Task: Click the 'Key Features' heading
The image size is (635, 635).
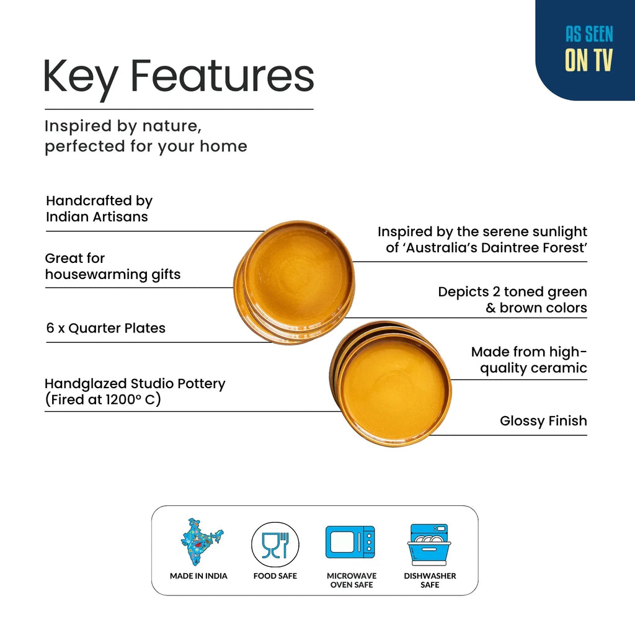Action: click(x=179, y=78)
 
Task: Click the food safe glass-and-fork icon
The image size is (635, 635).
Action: click(x=275, y=545)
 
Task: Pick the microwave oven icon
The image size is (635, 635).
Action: click(x=350, y=542)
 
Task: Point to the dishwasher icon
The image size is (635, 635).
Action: click(x=429, y=544)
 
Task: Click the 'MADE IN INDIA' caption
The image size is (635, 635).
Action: click(x=198, y=576)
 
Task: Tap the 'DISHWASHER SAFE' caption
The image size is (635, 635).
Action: click(x=430, y=580)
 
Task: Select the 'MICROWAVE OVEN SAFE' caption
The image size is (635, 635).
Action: click(x=352, y=580)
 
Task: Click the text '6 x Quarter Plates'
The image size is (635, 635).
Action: click(x=105, y=328)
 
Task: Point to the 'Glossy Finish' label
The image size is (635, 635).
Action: click(x=543, y=421)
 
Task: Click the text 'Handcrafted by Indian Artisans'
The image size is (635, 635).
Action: click(x=99, y=208)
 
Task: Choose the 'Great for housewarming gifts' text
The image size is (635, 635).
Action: click(x=113, y=267)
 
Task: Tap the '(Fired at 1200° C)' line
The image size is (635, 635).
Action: click(x=103, y=399)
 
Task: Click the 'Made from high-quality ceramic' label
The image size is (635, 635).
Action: click(x=529, y=360)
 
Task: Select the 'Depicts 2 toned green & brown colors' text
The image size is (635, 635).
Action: click(x=512, y=300)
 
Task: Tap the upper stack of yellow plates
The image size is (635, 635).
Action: click(x=295, y=282)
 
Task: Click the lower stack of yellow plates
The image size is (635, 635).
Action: click(x=391, y=383)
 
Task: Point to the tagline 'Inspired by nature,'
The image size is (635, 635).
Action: click(x=123, y=127)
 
